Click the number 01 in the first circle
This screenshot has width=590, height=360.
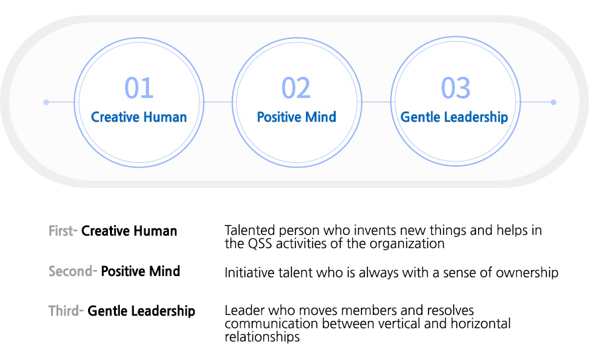(x=139, y=88)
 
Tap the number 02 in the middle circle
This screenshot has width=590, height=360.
(x=296, y=88)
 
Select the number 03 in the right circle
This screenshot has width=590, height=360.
(x=456, y=88)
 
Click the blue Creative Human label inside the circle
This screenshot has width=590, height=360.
(x=139, y=117)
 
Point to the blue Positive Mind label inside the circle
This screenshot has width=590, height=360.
(x=297, y=117)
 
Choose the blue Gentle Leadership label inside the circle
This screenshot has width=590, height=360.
(x=454, y=117)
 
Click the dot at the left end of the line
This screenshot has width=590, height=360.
(x=46, y=102)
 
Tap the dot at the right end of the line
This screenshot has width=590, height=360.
(x=553, y=102)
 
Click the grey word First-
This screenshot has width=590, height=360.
(x=63, y=230)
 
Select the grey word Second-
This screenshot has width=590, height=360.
(x=73, y=271)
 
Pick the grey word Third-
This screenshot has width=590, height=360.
(x=66, y=311)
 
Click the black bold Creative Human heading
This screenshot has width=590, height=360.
(x=129, y=230)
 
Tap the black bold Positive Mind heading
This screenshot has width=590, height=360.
(x=140, y=271)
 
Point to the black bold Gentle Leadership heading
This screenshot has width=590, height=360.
(x=142, y=311)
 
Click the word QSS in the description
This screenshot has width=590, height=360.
(x=260, y=244)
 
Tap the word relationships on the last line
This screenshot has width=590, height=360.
(x=262, y=337)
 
